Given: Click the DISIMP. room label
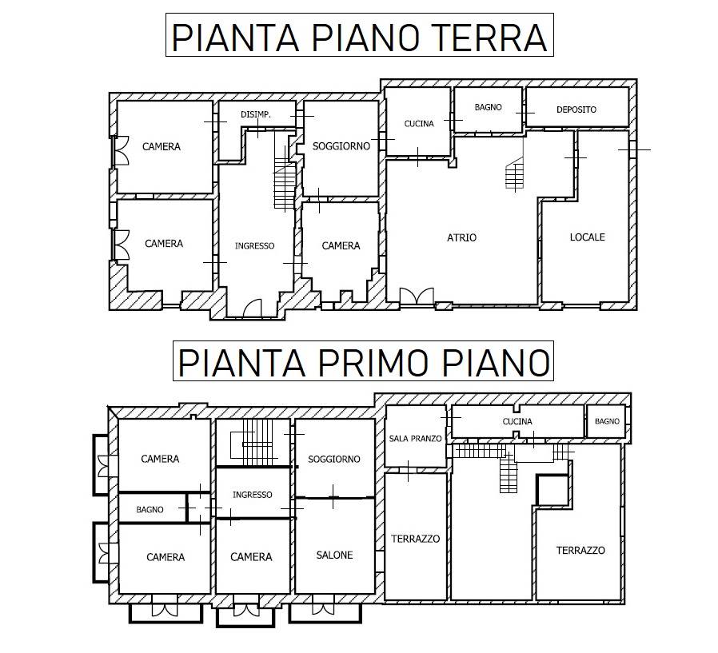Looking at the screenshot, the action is (x=256, y=115).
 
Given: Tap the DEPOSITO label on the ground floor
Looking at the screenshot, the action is (x=576, y=109).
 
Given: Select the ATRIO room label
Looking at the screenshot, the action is (x=461, y=237).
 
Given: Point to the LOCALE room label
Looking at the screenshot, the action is (x=587, y=237).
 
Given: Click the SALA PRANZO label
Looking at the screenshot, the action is (x=415, y=438).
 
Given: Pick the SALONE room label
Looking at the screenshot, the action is (x=334, y=555).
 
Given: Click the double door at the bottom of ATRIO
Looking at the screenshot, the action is (x=417, y=296).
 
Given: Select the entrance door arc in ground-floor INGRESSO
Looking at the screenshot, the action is (x=252, y=308).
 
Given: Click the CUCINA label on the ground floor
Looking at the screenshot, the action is (x=419, y=124).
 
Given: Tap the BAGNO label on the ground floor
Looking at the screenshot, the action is (x=489, y=107).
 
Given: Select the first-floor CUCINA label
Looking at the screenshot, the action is (x=517, y=421).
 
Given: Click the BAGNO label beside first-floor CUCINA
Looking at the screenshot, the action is (x=607, y=421).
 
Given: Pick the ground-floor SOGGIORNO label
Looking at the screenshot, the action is (x=341, y=146).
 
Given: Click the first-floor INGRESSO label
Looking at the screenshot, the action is (x=253, y=495).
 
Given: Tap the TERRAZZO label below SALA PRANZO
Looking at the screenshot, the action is (x=415, y=539).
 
